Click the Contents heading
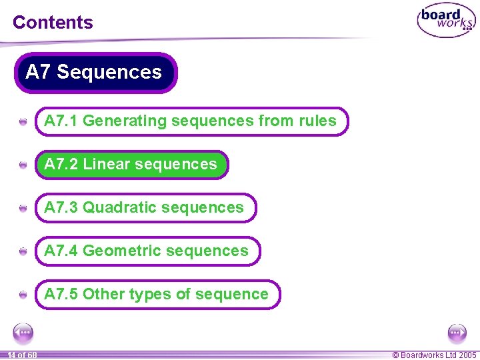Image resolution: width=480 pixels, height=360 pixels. click(x=53, y=22)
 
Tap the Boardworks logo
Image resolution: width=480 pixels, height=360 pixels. click(x=446, y=21)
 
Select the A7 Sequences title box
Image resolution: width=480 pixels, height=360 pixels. click(x=95, y=72)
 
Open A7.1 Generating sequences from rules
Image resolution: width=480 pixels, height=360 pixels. click(x=191, y=121)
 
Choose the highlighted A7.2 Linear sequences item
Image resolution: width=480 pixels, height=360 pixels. click(x=131, y=165)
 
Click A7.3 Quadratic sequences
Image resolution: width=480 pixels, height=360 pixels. click(x=144, y=208)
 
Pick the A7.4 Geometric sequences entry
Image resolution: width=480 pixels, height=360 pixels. click(x=147, y=251)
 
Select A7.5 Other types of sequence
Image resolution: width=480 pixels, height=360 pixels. click(x=157, y=295)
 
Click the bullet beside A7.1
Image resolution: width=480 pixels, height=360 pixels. click(x=23, y=122)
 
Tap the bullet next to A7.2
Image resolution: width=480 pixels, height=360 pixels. click(x=23, y=165)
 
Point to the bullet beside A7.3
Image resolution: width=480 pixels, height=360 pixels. click(x=23, y=209)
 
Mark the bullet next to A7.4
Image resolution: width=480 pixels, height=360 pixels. click(x=23, y=252)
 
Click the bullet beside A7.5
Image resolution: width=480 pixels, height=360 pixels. click(x=23, y=295)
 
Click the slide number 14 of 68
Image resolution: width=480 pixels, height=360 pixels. click(x=22, y=355)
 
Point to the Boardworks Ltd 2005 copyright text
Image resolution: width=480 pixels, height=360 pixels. click(x=434, y=355)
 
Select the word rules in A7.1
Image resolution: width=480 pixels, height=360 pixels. click(x=317, y=121)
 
